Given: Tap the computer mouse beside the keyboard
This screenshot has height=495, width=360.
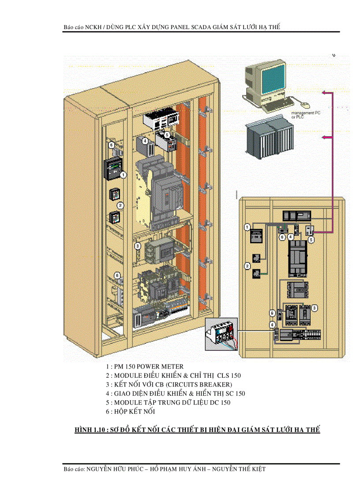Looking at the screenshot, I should (x=304, y=104).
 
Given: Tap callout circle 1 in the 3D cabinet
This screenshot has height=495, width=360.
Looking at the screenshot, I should (x=124, y=175).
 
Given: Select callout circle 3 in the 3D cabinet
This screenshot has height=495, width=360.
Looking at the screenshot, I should (x=138, y=246).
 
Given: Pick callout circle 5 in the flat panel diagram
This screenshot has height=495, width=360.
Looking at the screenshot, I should (x=311, y=240).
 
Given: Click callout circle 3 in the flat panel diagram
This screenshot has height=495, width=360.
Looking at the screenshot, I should (x=315, y=307).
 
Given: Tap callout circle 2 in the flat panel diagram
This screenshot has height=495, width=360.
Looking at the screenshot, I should (x=247, y=266).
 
